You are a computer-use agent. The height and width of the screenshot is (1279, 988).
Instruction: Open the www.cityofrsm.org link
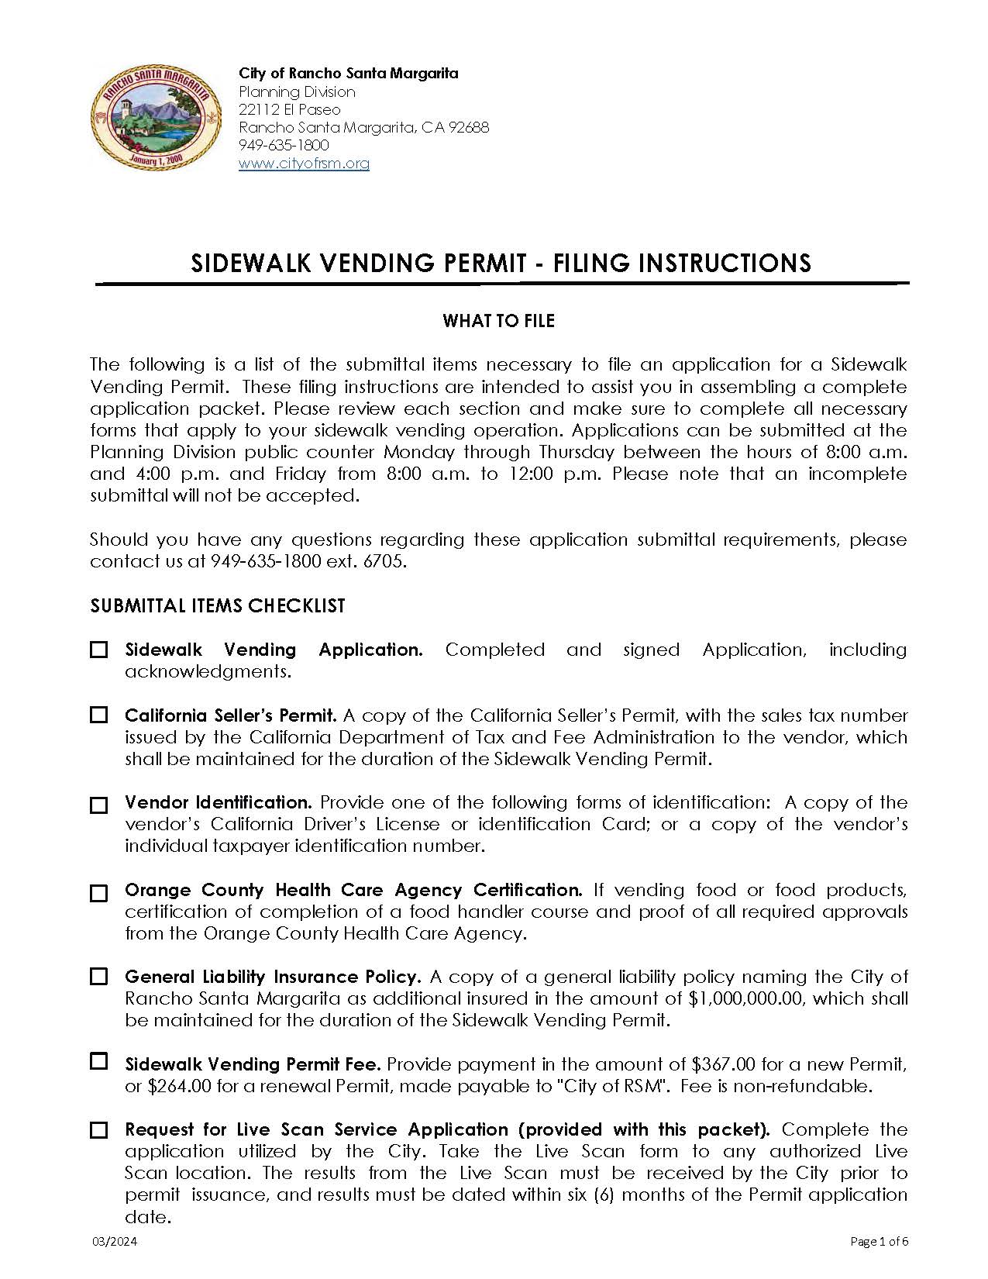point(304,164)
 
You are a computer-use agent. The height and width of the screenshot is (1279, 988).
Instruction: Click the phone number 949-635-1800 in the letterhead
point(284,146)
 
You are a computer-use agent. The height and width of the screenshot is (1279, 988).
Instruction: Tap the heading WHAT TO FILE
point(498,321)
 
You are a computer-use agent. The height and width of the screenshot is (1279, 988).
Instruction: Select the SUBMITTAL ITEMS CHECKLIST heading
point(218,606)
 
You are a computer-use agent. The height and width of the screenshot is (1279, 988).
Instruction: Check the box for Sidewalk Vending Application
point(99,650)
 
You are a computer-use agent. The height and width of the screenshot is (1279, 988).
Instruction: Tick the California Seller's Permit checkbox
point(99,715)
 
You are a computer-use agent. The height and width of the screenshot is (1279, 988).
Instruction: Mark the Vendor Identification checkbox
point(99,805)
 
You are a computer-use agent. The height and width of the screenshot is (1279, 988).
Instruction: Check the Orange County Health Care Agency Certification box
point(99,893)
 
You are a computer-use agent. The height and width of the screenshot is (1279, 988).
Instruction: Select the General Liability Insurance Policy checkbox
point(99,977)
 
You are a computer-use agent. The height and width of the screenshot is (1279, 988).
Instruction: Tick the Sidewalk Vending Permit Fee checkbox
point(99,1061)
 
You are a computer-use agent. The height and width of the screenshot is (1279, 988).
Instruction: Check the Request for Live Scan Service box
point(99,1130)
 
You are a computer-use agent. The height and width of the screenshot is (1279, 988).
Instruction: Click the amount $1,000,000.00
point(745,999)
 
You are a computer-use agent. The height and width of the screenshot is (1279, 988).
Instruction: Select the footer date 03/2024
point(114,1242)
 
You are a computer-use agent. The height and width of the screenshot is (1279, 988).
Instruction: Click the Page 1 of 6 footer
point(879,1242)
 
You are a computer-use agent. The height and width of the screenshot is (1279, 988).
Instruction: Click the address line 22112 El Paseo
point(289,110)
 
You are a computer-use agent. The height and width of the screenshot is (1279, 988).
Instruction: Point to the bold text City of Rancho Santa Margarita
point(348,74)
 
